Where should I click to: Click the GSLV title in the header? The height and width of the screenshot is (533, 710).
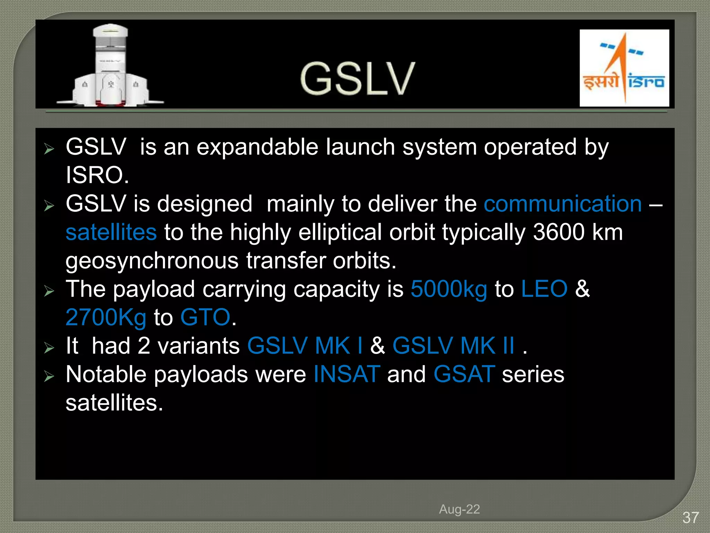tap(357, 79)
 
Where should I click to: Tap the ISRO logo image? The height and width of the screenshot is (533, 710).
tap(624, 68)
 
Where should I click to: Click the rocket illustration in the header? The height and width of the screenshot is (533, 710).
tap(110, 66)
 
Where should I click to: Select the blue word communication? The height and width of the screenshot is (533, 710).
tap(562, 204)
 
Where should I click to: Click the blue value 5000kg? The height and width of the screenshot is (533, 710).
tap(449, 289)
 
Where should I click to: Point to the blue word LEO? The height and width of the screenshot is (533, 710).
tap(544, 289)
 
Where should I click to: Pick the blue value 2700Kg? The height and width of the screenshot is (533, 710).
tap(106, 318)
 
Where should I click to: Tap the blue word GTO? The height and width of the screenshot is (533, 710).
tap(205, 318)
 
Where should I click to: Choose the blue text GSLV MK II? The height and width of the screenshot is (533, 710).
tap(453, 346)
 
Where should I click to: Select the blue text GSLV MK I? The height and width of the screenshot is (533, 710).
tap(305, 346)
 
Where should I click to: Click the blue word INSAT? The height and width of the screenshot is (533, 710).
tap(347, 374)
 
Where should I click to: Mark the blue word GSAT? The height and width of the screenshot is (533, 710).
tap(464, 374)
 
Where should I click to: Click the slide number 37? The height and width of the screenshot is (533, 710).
tap(690, 518)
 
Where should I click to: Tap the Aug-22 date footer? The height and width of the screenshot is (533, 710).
tap(459, 509)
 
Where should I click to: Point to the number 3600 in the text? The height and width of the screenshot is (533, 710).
tap(559, 232)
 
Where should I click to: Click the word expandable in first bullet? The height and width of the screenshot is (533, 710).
tap(257, 147)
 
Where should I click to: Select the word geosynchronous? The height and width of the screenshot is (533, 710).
tap(152, 261)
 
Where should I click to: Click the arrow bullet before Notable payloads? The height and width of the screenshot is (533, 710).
tap(49, 376)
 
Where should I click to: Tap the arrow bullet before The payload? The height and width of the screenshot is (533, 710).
tap(49, 291)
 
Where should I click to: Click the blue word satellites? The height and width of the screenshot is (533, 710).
tap(111, 232)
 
